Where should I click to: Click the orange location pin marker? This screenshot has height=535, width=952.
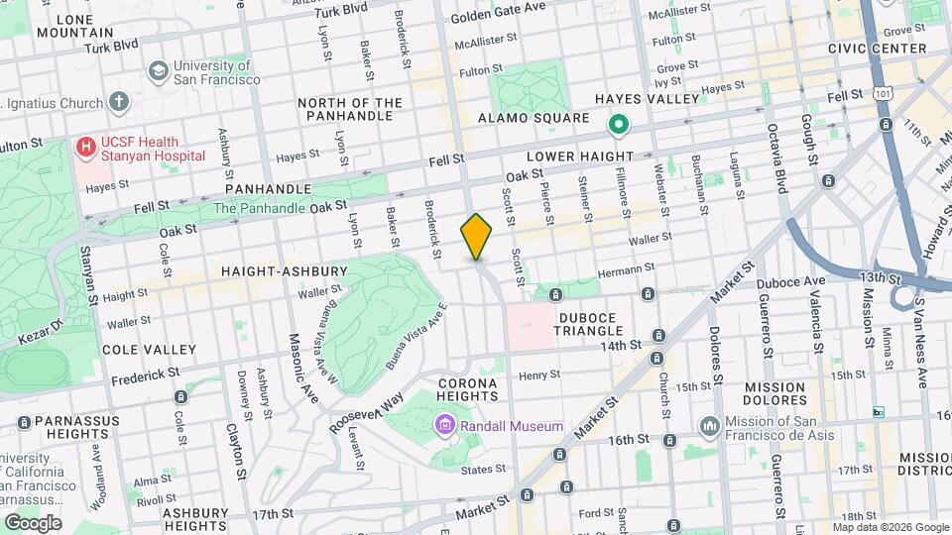(x=476, y=236)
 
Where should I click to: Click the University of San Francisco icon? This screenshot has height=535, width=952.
(x=158, y=71)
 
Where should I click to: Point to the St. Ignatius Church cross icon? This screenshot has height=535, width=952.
(x=119, y=102)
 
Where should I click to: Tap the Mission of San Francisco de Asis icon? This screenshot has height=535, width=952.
(x=709, y=426)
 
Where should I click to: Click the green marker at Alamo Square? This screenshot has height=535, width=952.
(x=619, y=125)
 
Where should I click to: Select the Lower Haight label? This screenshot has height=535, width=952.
(x=579, y=157)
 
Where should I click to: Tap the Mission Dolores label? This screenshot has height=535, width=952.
(x=776, y=394)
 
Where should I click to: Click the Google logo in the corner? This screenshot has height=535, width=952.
(x=33, y=522)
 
